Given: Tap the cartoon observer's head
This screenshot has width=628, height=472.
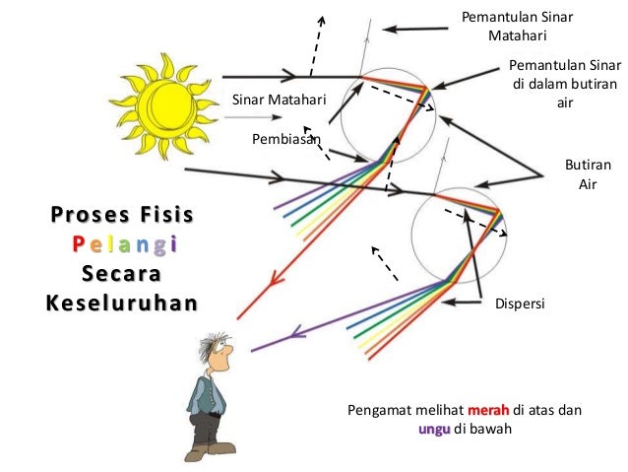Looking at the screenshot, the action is pyautogui.click(x=216, y=351).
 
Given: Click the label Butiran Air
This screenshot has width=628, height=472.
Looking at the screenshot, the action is pyautogui.click(x=580, y=174).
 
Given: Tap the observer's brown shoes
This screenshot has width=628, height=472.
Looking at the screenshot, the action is pyautogui.click(x=210, y=449).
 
